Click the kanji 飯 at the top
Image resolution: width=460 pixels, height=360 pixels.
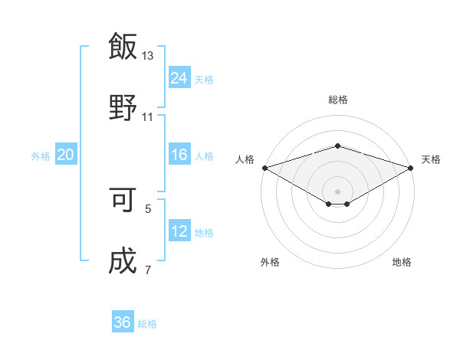click(x=123, y=47)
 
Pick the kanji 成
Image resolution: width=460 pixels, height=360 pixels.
click(x=123, y=260)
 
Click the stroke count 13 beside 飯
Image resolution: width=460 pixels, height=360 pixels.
click(x=148, y=56)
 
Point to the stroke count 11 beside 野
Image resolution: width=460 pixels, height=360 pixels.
click(x=148, y=116)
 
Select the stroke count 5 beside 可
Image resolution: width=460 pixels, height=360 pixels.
click(x=148, y=208)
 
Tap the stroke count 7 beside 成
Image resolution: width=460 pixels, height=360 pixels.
click(x=148, y=270)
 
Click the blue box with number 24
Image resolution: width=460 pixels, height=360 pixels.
click(x=179, y=78)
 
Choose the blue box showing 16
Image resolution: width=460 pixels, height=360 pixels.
click(x=179, y=155)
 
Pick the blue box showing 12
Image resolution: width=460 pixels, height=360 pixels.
click(x=179, y=231)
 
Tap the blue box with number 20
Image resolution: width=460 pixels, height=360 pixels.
click(x=66, y=155)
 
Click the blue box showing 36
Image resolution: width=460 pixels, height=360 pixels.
click(x=123, y=322)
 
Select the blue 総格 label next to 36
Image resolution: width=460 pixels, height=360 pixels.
click(x=147, y=324)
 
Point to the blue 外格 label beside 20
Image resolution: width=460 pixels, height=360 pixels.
click(x=41, y=156)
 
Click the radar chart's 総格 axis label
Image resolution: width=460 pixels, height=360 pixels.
click(x=337, y=100)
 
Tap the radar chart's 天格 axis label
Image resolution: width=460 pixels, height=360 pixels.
click(x=431, y=159)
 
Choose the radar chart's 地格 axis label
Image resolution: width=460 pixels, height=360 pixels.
click(x=402, y=263)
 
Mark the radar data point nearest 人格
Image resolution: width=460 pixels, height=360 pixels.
click(x=264, y=167)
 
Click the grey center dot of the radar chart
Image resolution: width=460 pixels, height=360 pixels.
click(x=337, y=190)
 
